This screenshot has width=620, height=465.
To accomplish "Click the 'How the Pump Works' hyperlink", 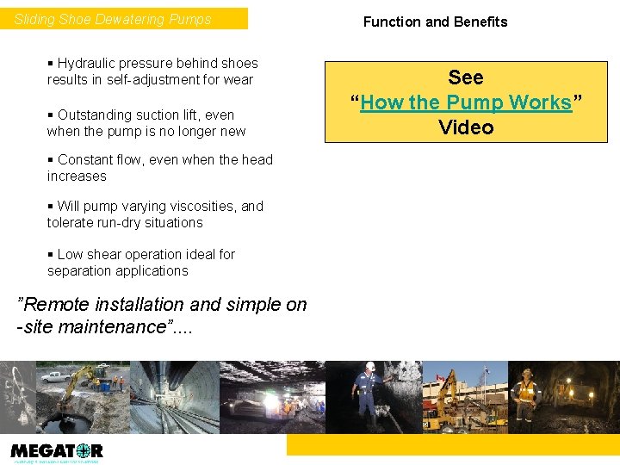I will point(466,103).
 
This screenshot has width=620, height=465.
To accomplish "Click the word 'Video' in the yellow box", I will point(466,127).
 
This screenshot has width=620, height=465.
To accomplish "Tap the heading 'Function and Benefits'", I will point(435,22).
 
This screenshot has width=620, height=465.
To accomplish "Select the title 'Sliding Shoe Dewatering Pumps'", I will point(113,19).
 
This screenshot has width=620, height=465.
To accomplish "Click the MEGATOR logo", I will point(57,451).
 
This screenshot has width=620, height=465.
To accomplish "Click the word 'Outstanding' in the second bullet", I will point(95,115).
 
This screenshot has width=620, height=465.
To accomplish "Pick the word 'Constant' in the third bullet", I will point(84,159).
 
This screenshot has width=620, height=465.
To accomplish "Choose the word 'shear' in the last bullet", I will point(102,254).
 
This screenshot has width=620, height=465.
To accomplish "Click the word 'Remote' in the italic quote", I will point(52,305).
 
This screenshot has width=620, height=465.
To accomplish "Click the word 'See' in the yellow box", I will point(466,78).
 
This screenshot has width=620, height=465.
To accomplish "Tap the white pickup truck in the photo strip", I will point(54,376).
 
